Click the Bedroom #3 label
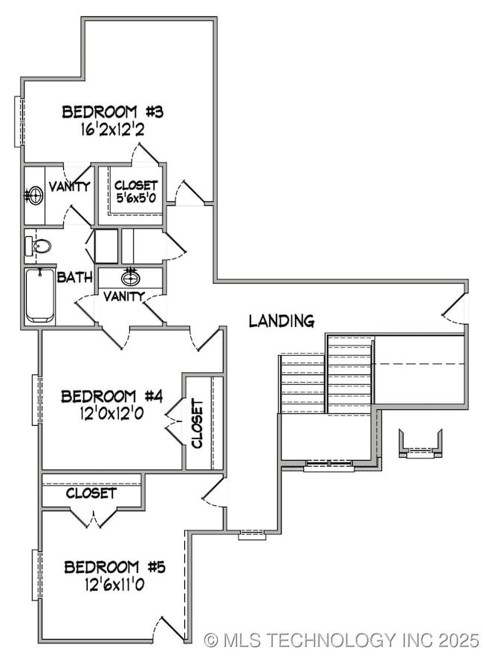click(112, 112)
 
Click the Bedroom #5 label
click(114, 568)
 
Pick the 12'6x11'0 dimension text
click(114, 584)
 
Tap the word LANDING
click(281, 321)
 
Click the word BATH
click(75, 278)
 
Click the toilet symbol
click(39, 246)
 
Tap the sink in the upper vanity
click(34, 196)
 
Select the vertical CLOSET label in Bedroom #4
click(197, 423)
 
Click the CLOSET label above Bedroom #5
click(91, 493)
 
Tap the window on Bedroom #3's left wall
click(18, 122)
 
